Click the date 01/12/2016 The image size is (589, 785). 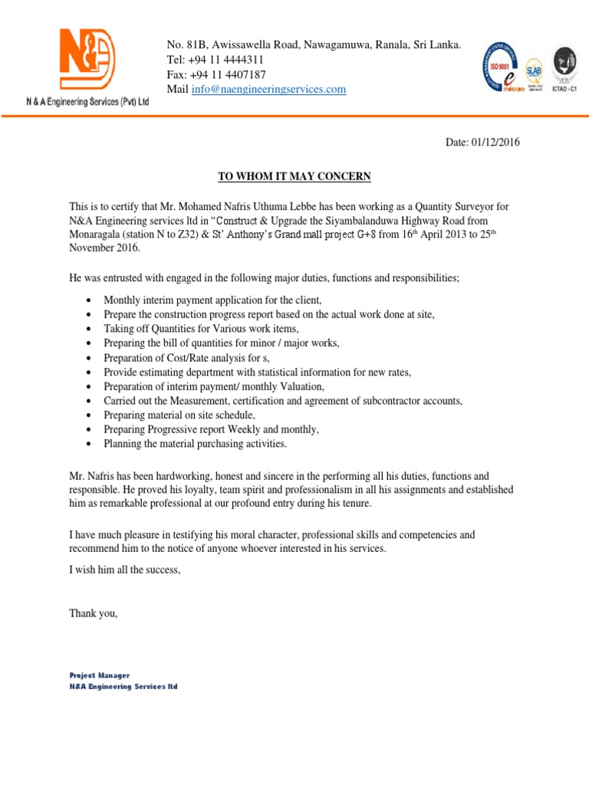click(x=495, y=143)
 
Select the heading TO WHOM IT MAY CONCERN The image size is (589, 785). click(x=294, y=177)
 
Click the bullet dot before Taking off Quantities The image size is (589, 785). click(x=90, y=329)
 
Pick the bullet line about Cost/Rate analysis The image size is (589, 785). click(x=187, y=358)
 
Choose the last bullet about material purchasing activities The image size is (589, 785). click(x=195, y=444)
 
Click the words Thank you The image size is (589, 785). click(x=94, y=613)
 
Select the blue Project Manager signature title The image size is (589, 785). click(x=100, y=675)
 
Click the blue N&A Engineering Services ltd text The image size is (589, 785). click(x=123, y=687)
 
